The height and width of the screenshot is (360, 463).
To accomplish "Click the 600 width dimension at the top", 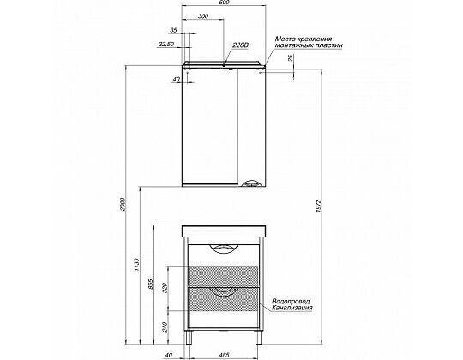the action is [225, 3].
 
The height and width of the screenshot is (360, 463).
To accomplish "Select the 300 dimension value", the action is [203, 16].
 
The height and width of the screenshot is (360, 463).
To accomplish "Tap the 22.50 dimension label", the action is [166, 45].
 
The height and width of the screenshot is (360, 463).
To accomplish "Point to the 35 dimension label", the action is [173, 30].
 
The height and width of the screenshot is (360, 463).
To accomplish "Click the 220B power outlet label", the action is [241, 45].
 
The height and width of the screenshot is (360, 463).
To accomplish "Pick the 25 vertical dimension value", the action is [291, 58].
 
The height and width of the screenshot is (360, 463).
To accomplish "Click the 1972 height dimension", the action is [318, 206].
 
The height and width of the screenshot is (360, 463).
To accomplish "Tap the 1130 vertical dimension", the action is [136, 265].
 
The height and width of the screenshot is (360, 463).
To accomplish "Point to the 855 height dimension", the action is [150, 285].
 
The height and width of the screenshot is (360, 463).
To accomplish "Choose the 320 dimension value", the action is [165, 288].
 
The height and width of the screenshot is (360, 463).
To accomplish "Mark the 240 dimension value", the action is [165, 327].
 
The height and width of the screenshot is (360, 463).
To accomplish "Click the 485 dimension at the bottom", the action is [225, 355].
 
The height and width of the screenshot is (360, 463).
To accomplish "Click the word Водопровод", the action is [291, 302].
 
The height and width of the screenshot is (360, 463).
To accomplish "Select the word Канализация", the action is [292, 309].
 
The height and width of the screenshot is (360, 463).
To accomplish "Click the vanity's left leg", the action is [187, 337].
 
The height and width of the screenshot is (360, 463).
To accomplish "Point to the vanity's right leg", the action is [259, 337].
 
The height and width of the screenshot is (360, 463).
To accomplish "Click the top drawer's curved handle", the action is [224, 249].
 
